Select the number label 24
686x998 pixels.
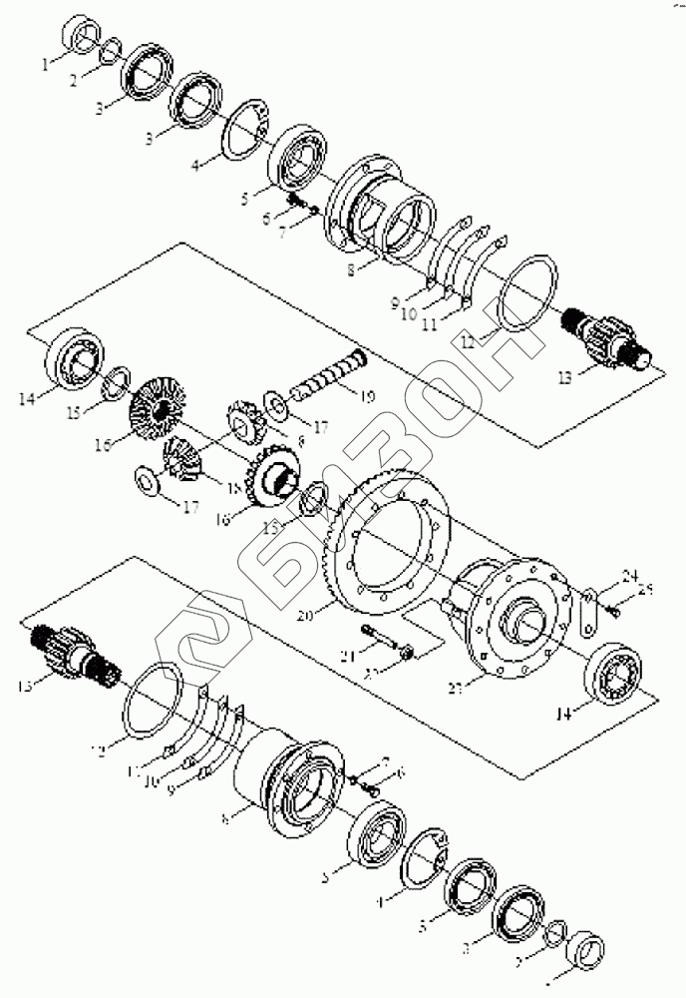click(x=628, y=576)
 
